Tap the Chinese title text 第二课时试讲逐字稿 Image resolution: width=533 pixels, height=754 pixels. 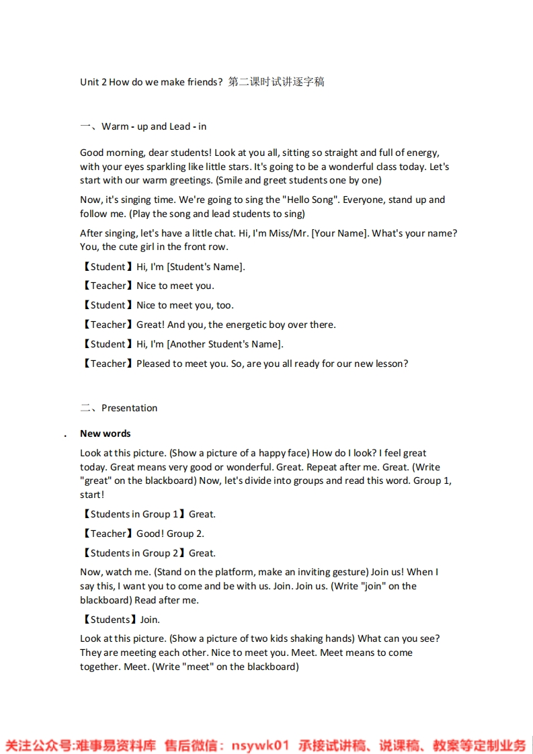[x=276, y=82]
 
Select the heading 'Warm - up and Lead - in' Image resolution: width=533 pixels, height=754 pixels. [x=154, y=126]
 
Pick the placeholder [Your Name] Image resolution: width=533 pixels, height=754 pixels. [x=334, y=233]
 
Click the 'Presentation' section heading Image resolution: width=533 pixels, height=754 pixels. [x=129, y=408]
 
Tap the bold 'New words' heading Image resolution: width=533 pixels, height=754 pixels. [x=105, y=433]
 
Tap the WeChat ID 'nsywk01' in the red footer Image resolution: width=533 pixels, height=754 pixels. [x=259, y=745]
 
